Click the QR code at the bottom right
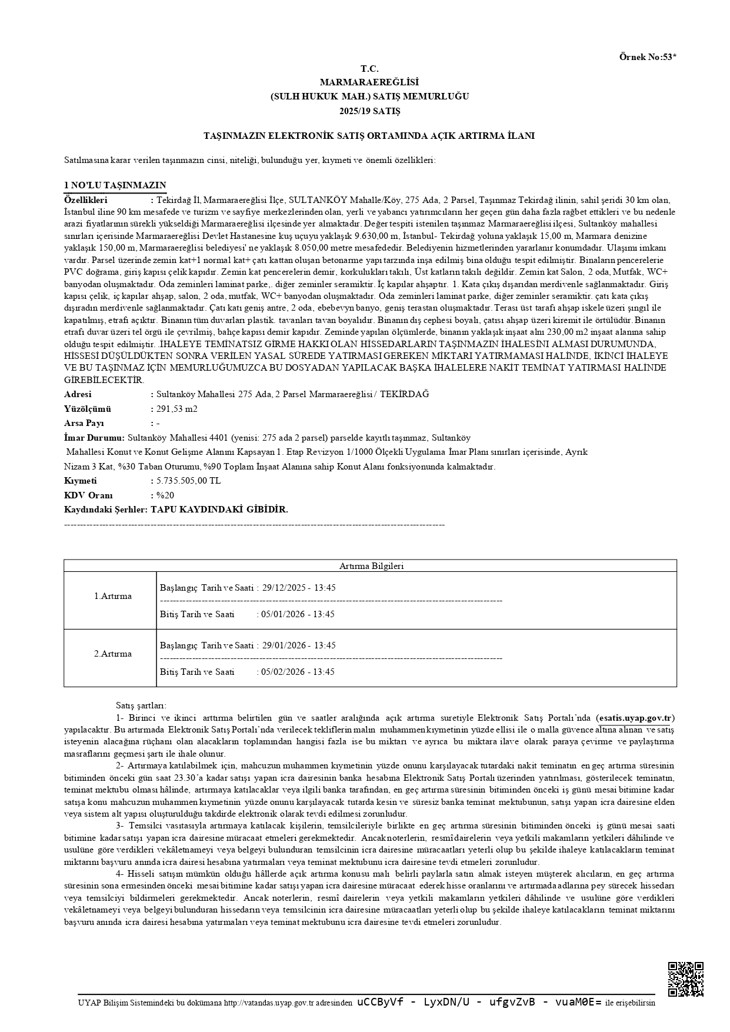tap(685, 979)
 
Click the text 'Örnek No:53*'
tap(648, 57)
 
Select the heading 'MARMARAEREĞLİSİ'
tap(369, 82)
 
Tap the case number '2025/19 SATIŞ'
tap(369, 111)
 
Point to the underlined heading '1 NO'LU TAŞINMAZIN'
tap(115, 185)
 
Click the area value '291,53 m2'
tap(177, 409)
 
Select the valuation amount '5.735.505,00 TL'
tap(189, 481)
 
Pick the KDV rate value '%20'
tap(165, 495)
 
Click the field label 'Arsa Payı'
tap(84, 424)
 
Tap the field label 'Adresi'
tap(78, 394)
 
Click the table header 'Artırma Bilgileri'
tap(371, 566)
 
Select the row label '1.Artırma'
tap(113, 596)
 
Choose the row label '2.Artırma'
tap(113, 654)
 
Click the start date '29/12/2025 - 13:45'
tap(299, 588)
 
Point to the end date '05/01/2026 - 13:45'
tap(298, 614)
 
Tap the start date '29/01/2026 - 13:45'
tap(299, 645)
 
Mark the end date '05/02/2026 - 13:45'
tap(298, 672)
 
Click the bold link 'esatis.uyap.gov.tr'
tap(636, 718)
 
